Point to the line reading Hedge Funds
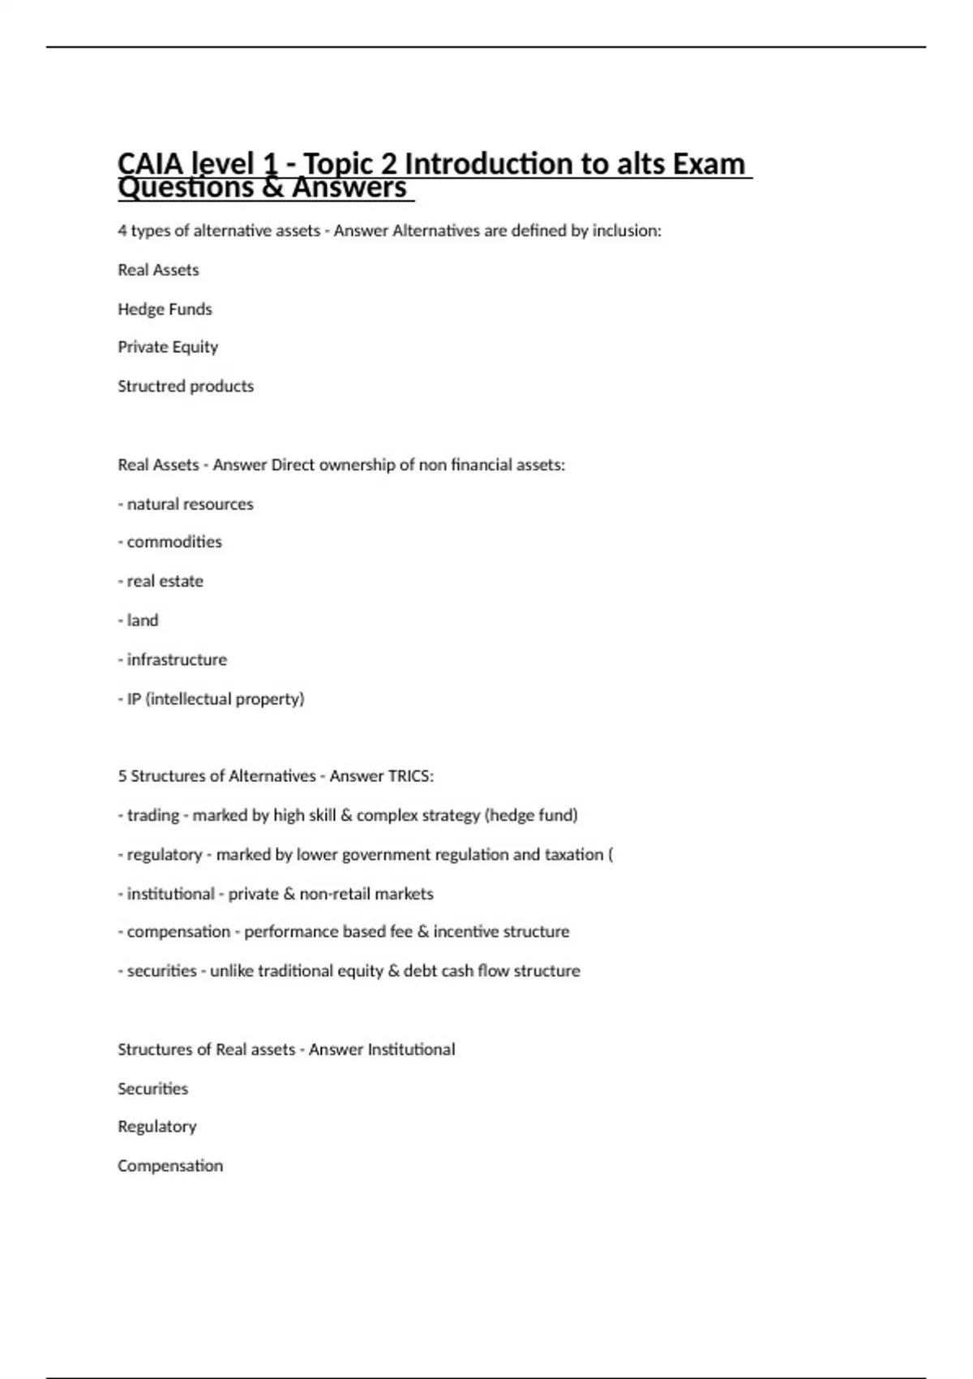coord(165,309)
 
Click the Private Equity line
coord(168,347)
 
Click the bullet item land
coord(143,621)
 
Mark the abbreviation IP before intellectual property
coord(134,698)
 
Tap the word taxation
coord(573,854)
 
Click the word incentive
coord(465,931)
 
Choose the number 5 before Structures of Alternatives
coord(122,776)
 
